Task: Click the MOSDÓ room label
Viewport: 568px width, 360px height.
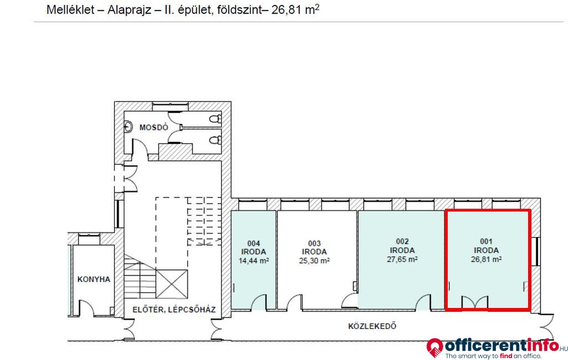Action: pyautogui.click(x=154, y=127)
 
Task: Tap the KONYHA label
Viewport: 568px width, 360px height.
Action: pyautogui.click(x=94, y=279)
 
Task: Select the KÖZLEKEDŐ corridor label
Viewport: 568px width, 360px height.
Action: pyautogui.click(x=372, y=326)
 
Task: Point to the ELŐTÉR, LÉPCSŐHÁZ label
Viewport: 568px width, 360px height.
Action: pyautogui.click(x=174, y=309)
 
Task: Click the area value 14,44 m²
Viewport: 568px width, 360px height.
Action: pyautogui.click(x=254, y=261)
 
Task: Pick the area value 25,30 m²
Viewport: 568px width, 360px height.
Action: pyautogui.click(x=314, y=261)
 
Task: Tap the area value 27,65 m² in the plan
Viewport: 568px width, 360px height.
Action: pyautogui.click(x=402, y=259)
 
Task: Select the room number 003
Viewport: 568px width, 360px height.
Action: pyautogui.click(x=314, y=243)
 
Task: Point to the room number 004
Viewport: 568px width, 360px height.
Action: pyautogui.click(x=254, y=243)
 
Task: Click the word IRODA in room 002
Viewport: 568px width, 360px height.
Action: pyautogui.click(x=402, y=250)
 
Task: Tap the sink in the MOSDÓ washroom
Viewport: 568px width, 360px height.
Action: pyautogui.click(x=129, y=126)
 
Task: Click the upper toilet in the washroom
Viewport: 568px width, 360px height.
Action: pyautogui.click(x=215, y=119)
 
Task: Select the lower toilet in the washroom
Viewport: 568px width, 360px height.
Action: pyautogui.click(x=215, y=140)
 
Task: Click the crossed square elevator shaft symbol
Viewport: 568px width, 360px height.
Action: pyautogui.click(x=172, y=284)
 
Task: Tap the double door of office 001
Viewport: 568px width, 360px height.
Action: pyautogui.click(x=475, y=302)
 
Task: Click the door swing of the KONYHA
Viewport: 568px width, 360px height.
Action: pyautogui.click(x=87, y=308)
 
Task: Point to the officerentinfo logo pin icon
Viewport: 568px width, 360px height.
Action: pyautogui.click(x=435, y=347)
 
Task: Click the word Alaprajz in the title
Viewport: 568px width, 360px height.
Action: pyautogui.click(x=129, y=10)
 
